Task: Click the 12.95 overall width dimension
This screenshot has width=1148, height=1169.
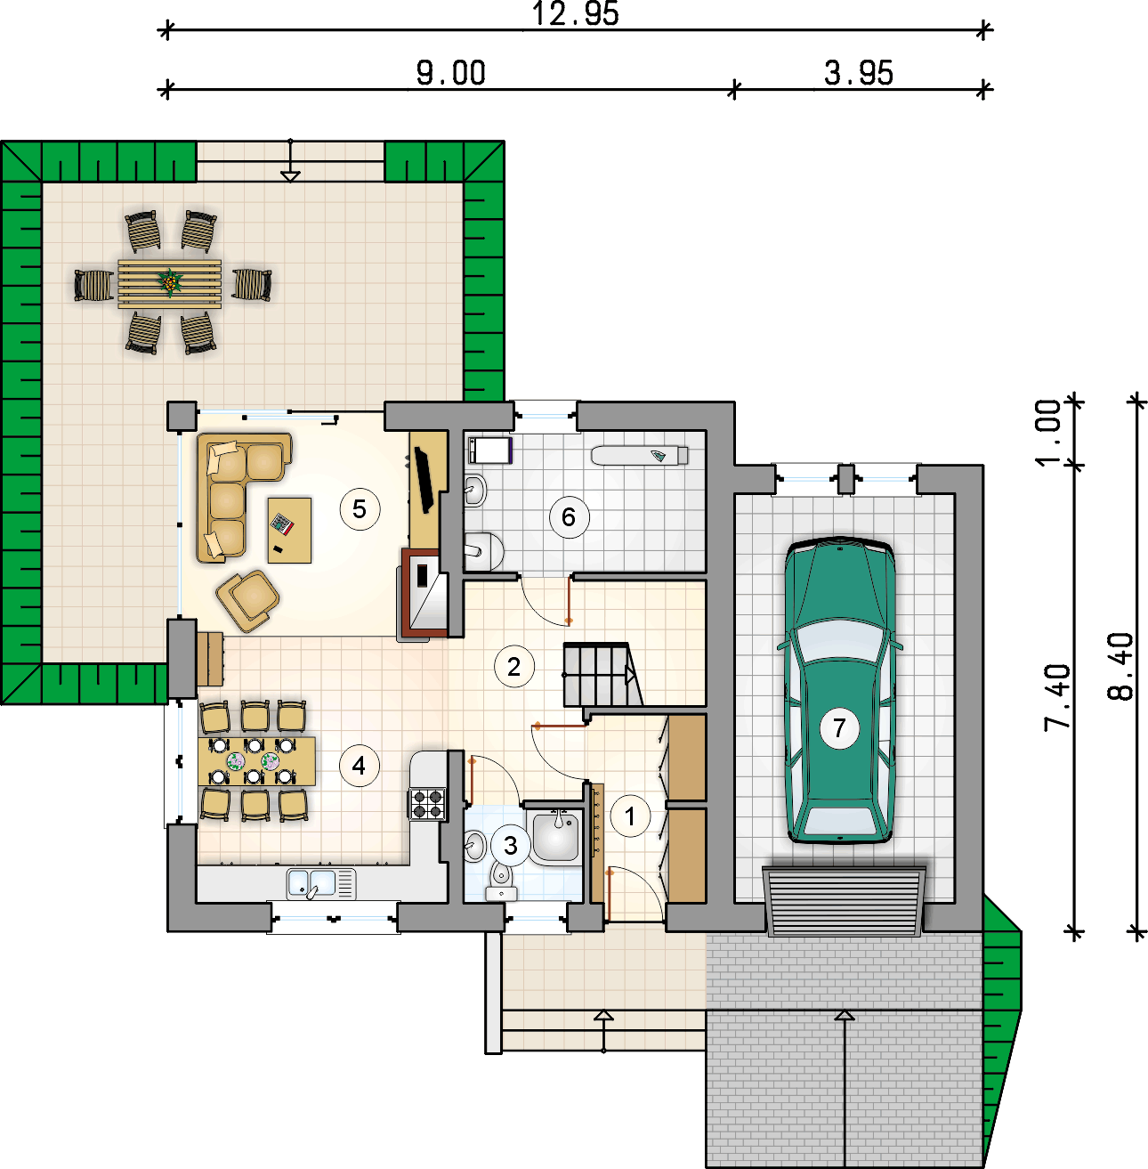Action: coord(575,14)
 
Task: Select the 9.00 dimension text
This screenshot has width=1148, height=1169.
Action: coord(450,73)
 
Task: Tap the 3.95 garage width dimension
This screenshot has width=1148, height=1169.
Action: coord(858,73)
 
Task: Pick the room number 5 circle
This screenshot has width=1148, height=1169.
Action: coord(360,509)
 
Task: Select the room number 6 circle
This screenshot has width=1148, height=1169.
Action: coord(569,517)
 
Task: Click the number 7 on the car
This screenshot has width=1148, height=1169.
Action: coord(839,728)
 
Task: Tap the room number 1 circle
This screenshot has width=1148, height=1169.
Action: coord(630,816)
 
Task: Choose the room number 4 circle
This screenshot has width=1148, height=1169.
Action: coord(359,766)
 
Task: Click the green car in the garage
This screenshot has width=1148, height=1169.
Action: coord(840,690)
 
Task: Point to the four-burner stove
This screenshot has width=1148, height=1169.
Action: coord(427,803)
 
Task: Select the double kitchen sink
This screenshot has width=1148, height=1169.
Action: coord(321,883)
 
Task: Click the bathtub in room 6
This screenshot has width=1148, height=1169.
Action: coord(640,455)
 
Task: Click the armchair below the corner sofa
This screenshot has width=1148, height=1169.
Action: coord(248,601)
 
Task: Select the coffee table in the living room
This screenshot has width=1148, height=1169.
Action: coord(290,531)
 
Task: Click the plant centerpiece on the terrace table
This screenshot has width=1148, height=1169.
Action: coord(170,282)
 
